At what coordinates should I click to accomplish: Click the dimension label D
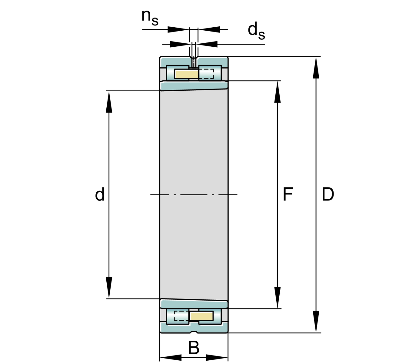328,194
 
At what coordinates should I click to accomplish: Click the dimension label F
288,194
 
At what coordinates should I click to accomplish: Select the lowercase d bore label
100,194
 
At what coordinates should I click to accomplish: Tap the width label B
194,348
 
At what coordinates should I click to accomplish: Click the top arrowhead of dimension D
316,67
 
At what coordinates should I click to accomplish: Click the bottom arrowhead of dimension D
316,322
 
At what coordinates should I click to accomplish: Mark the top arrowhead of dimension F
277,92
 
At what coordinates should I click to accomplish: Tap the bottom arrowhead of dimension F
277,298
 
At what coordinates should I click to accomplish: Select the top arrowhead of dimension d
109,102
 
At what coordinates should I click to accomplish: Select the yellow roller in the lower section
201,316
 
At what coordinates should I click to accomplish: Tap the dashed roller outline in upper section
206,74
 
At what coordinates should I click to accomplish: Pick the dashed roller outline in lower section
181,316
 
